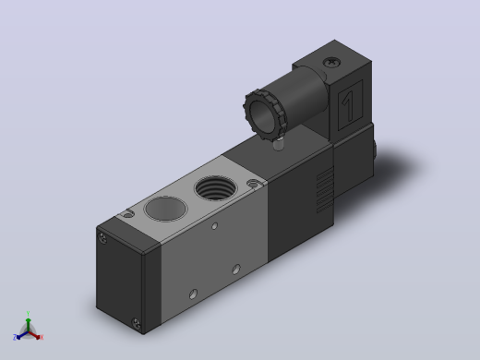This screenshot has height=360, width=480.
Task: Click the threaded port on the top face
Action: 216,187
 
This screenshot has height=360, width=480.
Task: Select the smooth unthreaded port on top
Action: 166,209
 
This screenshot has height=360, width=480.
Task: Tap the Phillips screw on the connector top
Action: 332,63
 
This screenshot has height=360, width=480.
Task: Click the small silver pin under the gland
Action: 279,144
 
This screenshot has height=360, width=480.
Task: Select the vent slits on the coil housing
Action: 325,190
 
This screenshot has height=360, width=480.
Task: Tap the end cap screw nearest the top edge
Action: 102,237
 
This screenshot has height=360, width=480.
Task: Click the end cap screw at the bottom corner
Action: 136,323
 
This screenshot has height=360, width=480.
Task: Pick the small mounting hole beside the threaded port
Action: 253,184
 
